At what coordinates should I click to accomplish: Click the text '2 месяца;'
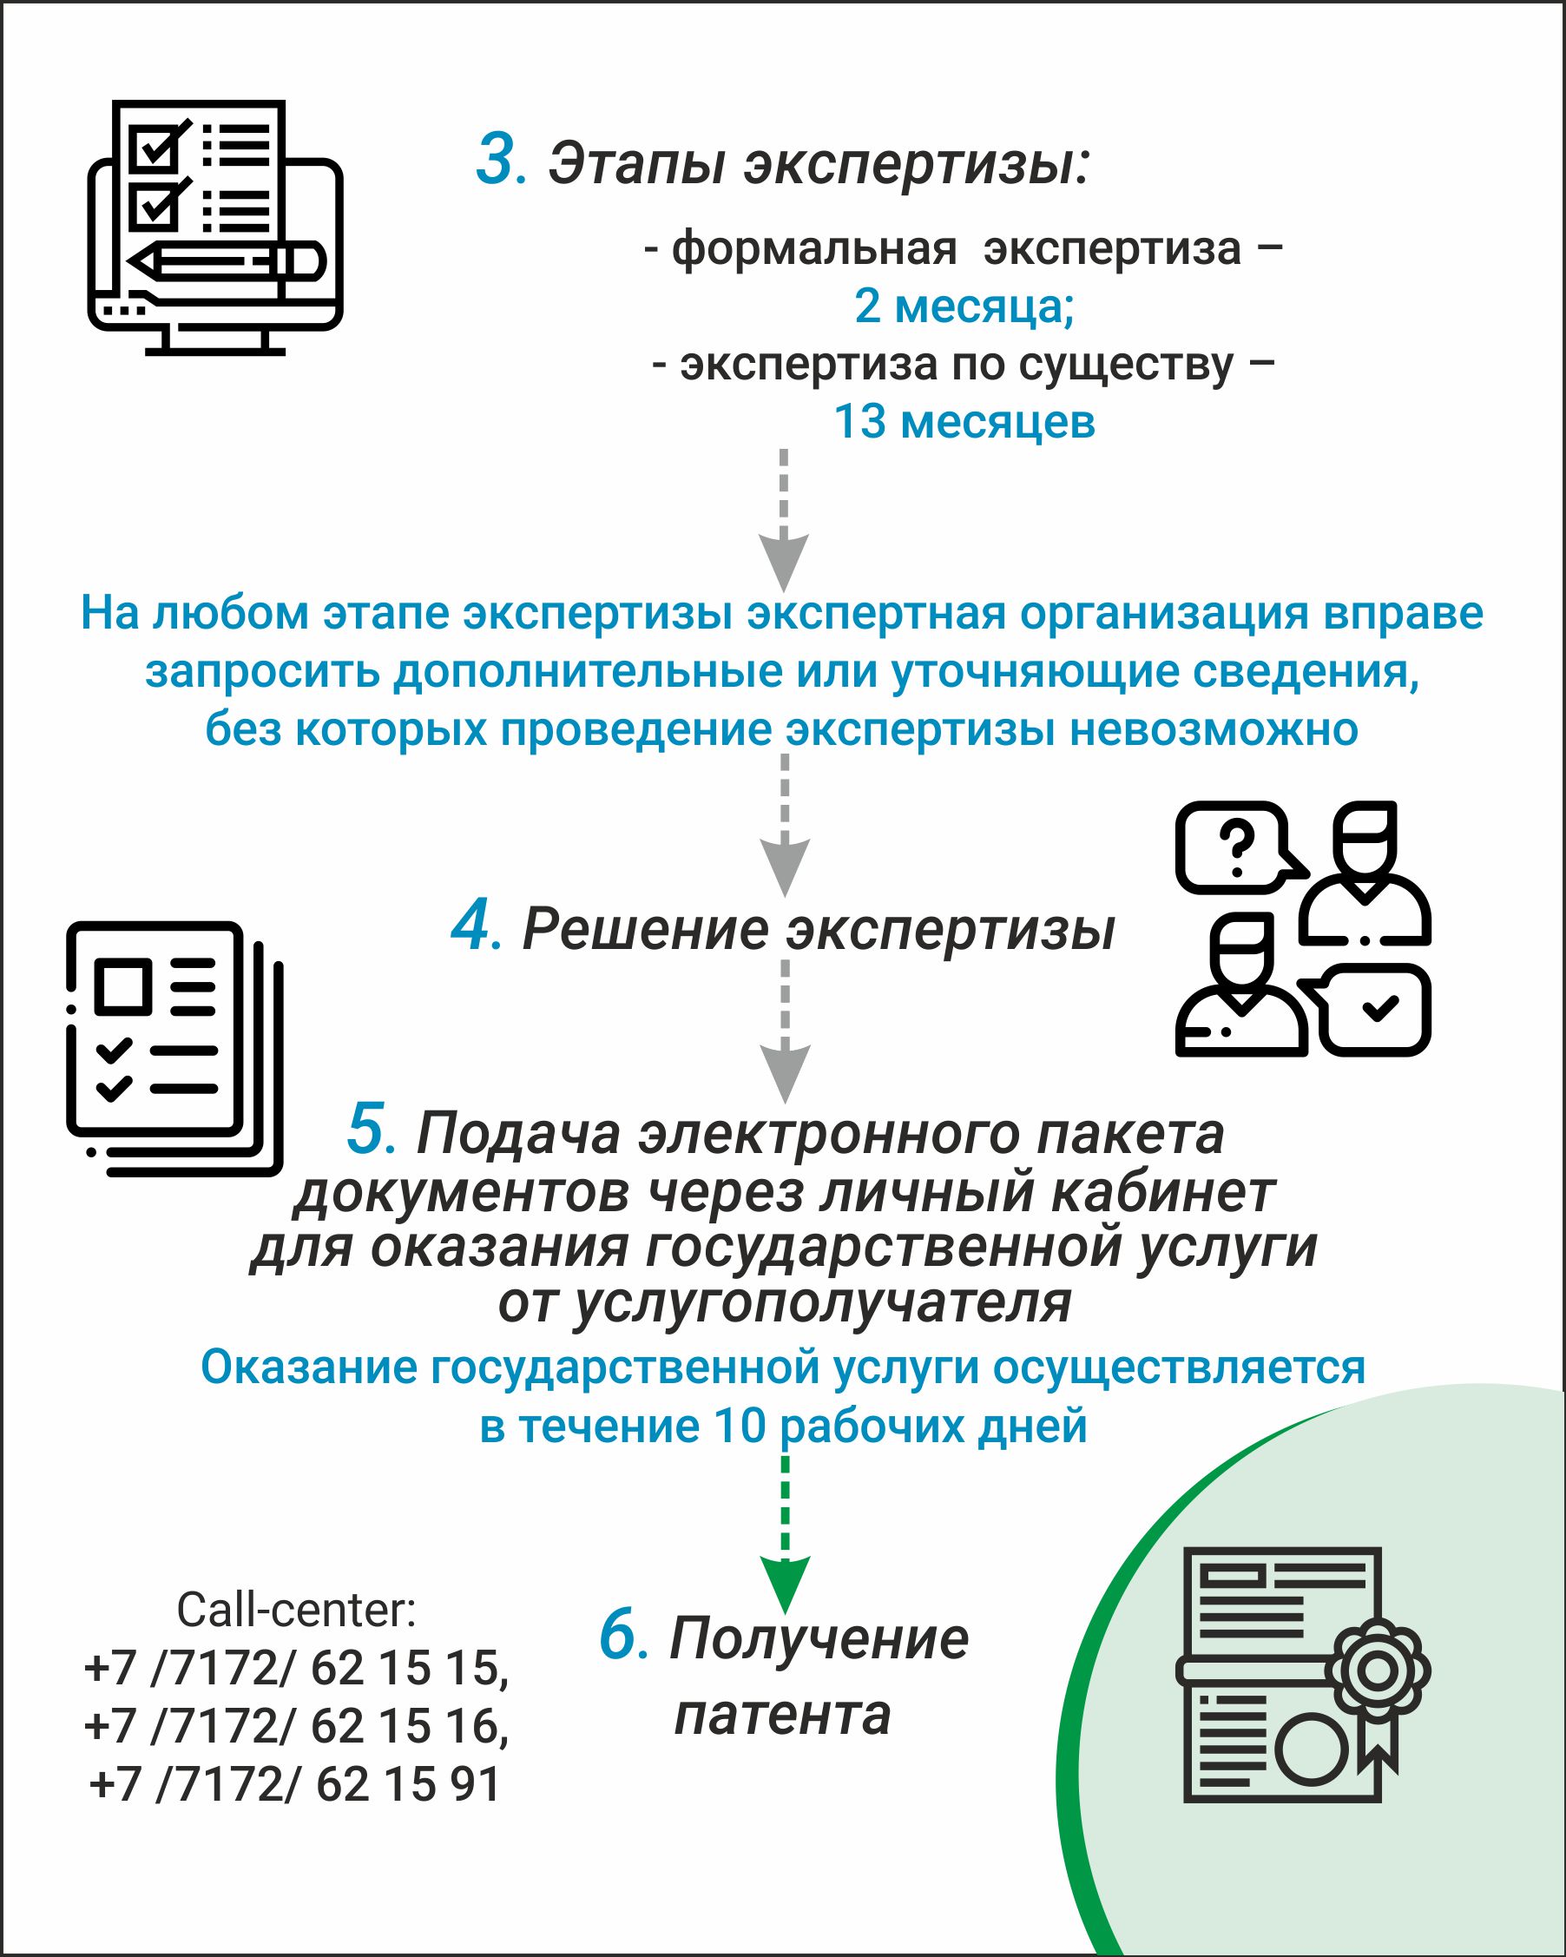pyautogui.click(x=964, y=306)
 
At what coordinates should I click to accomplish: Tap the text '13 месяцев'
pyautogui.click(x=964, y=422)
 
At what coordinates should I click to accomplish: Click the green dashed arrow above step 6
pyautogui.click(x=785, y=1533)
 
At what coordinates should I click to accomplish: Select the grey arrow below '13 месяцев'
pyautogui.click(x=784, y=519)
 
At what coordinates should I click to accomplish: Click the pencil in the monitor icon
pyautogui.click(x=226, y=261)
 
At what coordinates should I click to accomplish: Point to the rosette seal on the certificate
pyautogui.click(x=1378, y=1669)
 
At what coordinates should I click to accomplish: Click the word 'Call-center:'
pyautogui.click(x=297, y=1610)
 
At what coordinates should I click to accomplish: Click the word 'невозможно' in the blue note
pyautogui.click(x=1213, y=729)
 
